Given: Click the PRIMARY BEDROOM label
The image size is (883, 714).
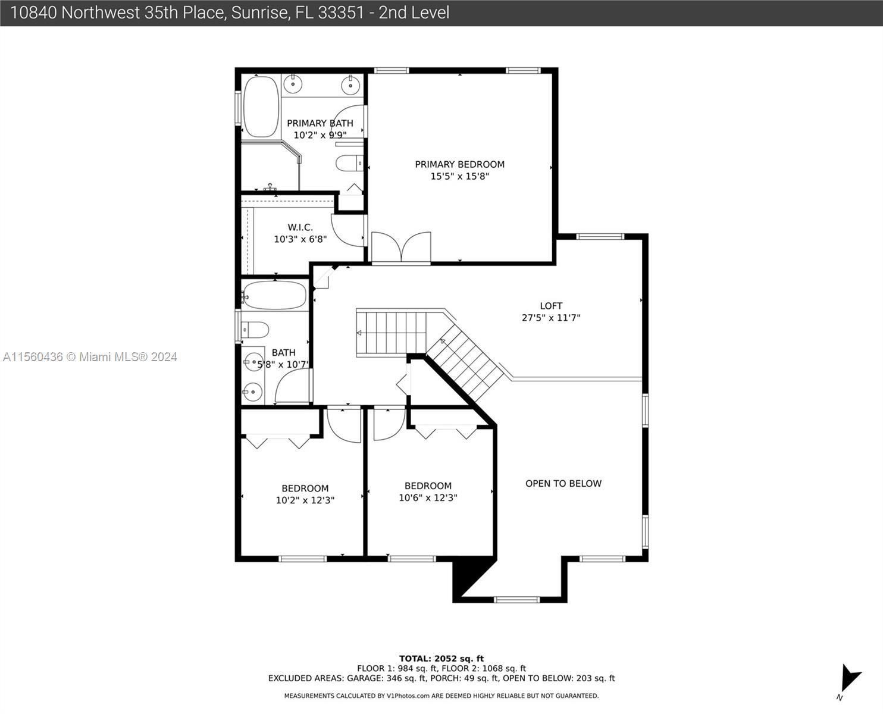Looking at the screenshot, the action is coord(460,164).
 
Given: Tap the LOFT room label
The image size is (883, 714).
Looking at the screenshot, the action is coord(551,306).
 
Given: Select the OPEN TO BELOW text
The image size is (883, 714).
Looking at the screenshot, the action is coord(563,484).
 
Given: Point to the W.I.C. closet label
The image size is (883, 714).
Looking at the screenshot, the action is coord(300,227).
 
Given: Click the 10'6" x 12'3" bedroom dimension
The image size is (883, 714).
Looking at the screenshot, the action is coord(428,497).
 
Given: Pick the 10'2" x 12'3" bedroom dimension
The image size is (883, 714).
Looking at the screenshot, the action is coord(305,500).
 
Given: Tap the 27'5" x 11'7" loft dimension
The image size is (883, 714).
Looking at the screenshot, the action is coord(551,318).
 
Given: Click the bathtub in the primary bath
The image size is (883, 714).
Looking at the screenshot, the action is coord(261,107).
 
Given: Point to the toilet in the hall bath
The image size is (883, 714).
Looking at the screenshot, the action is coord(255,330).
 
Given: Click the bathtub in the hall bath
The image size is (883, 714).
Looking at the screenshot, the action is coord(274,296).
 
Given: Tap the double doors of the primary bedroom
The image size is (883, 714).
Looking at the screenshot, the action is coord(401,247).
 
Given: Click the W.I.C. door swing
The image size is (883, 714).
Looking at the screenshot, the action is coord(348,230).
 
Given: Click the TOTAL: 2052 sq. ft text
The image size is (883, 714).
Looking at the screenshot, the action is coord(441,659).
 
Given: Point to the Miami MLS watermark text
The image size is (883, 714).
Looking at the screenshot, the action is coord(90,357).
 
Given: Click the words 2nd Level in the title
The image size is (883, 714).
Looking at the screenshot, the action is coord(414,13).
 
